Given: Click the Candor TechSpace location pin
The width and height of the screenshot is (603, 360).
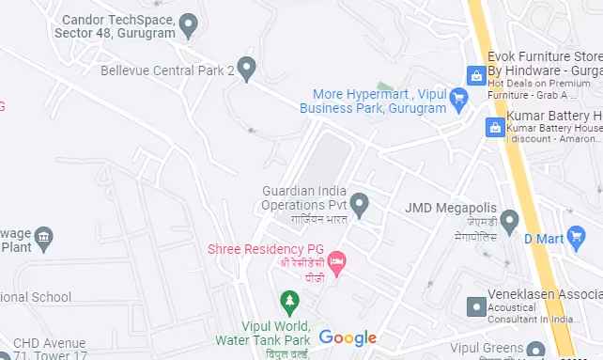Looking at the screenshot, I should click(x=189, y=25).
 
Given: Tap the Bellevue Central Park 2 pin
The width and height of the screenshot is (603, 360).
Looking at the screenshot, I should click(x=246, y=69).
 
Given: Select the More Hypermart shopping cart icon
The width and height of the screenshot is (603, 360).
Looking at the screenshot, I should click(x=457, y=99).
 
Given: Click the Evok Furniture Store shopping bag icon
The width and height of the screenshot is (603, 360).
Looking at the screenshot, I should click(x=476, y=75).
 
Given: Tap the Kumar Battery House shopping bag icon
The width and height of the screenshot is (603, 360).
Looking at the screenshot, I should click(x=494, y=127).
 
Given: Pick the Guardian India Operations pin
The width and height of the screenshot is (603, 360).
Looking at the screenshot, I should click(x=359, y=202).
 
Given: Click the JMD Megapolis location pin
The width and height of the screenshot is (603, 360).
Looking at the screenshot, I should click(x=509, y=222).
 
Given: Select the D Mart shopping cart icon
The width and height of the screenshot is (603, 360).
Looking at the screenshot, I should click(x=579, y=239).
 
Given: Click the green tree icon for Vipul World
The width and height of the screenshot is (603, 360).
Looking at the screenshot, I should click(x=290, y=302).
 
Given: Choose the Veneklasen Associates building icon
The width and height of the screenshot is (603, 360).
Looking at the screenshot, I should click(x=476, y=306).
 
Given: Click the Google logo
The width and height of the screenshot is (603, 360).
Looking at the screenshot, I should click(x=348, y=337).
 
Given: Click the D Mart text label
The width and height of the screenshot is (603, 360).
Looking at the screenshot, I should click(x=542, y=239).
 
